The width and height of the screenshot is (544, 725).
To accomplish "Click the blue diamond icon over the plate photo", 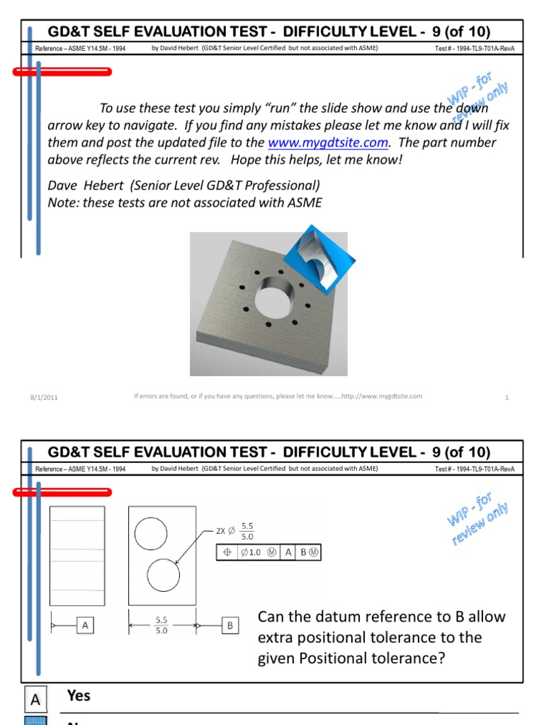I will pyautogui.click(x=315, y=258).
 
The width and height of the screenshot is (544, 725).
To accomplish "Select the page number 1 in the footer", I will pyautogui.click(x=507, y=397).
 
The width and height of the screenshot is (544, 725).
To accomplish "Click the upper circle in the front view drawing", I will pyautogui.click(x=151, y=533).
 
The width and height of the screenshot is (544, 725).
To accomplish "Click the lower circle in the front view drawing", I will pyautogui.click(x=164, y=575).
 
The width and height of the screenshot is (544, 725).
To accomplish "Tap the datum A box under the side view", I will pyautogui.click(x=85, y=625).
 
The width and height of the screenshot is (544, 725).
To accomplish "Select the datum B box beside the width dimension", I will pyautogui.click(x=230, y=626).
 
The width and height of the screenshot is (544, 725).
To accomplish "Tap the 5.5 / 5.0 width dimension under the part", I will pyautogui.click(x=161, y=624).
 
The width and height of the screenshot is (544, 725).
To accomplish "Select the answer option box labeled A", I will pyautogui.click(x=35, y=700).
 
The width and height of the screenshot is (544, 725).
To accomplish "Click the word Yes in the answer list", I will pyautogui.click(x=79, y=695).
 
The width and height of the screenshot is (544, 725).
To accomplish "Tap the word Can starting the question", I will pyautogui.click(x=271, y=616).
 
